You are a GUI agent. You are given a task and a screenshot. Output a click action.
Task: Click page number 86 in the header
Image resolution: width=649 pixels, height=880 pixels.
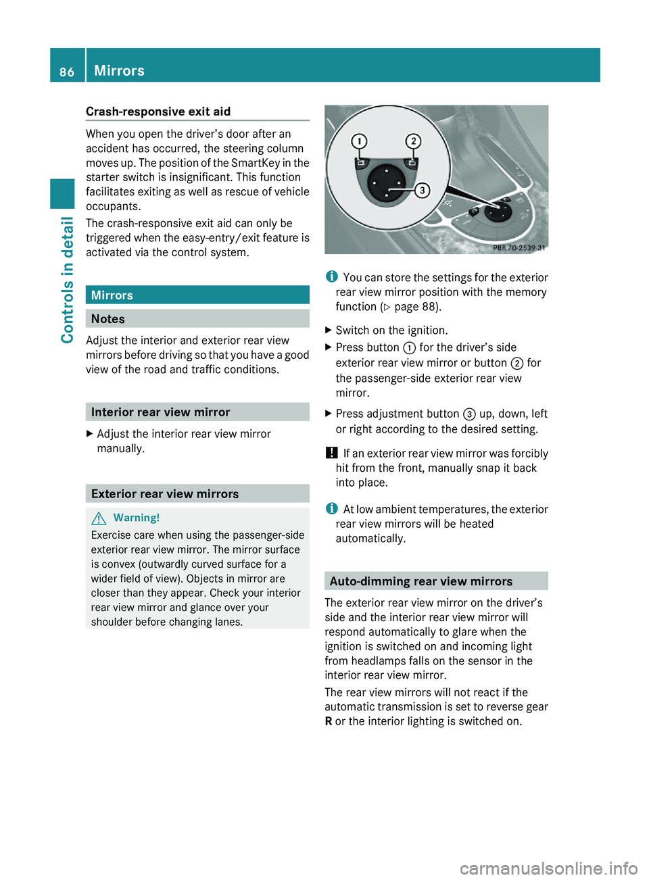pos(67,72)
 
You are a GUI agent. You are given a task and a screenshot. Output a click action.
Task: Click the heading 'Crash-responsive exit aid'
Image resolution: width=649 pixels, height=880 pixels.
pos(158,112)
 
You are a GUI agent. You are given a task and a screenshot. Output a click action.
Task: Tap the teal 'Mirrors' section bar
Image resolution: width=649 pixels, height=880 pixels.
pos(197,295)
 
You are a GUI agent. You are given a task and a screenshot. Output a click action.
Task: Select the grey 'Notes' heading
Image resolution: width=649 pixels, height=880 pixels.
pos(108,319)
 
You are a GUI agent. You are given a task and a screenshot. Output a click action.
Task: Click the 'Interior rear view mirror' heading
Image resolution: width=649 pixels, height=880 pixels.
pos(160,412)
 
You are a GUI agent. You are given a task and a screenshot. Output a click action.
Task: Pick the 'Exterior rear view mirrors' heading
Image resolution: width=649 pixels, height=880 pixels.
pos(165,494)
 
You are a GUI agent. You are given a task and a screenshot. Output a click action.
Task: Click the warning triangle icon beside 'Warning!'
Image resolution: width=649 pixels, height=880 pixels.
pos(99,518)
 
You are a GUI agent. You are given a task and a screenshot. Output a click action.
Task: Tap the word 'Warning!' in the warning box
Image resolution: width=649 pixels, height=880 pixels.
pos(137,518)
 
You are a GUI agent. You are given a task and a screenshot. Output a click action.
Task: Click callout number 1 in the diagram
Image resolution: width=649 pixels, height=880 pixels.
pos(359,141)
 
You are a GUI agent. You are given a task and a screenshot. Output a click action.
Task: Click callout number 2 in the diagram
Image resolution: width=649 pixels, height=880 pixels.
pos(413,141)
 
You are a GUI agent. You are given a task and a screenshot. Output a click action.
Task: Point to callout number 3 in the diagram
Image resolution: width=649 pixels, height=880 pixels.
pos(422,190)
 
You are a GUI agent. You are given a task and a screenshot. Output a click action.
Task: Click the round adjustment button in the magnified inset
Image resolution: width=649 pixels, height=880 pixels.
pos(387,182)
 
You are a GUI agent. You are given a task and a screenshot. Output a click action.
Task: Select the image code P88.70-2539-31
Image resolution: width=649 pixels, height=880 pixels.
pos(519,248)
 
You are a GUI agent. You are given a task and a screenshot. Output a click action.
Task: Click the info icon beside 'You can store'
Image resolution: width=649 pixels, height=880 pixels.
pos(331,277)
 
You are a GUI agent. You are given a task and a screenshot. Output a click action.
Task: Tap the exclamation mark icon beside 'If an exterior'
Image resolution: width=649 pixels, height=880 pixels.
pos(331,453)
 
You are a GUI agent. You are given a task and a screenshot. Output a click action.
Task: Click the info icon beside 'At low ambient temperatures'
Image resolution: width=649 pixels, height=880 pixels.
pos(331,509)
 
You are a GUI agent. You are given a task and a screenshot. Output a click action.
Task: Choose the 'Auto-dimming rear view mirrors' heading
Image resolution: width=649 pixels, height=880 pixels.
pos(421,581)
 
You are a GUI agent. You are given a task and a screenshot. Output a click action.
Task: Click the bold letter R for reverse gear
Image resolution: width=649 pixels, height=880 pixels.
pos(329,721)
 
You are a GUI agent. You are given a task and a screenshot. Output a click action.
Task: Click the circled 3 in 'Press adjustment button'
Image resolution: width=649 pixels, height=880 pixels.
pos(469,414)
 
